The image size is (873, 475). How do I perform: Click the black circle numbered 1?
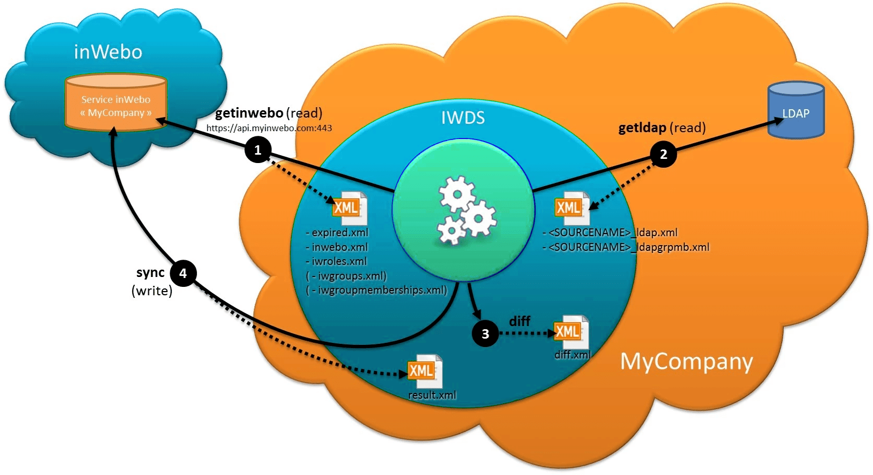[257, 150]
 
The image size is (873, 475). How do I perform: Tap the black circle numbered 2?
[663, 154]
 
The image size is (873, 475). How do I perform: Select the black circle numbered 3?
[485, 333]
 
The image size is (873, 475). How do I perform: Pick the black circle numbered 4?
[183, 273]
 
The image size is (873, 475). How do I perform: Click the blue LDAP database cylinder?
[796, 111]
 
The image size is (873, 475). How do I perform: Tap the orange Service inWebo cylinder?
[116, 103]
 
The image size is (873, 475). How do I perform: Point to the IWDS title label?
[463, 118]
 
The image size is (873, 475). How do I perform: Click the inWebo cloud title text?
[108, 52]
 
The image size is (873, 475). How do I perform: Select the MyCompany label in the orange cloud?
[686, 361]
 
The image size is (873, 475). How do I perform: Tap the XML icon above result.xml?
[424, 371]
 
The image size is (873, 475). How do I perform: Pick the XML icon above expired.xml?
[349, 208]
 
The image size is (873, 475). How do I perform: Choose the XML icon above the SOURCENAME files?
[570, 208]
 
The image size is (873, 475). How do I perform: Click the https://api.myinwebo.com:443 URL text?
[269, 128]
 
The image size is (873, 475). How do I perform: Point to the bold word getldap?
[642, 128]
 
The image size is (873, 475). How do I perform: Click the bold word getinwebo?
[249, 113]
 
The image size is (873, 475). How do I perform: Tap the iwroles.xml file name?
[339, 261]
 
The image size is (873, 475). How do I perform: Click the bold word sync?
[150, 273]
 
